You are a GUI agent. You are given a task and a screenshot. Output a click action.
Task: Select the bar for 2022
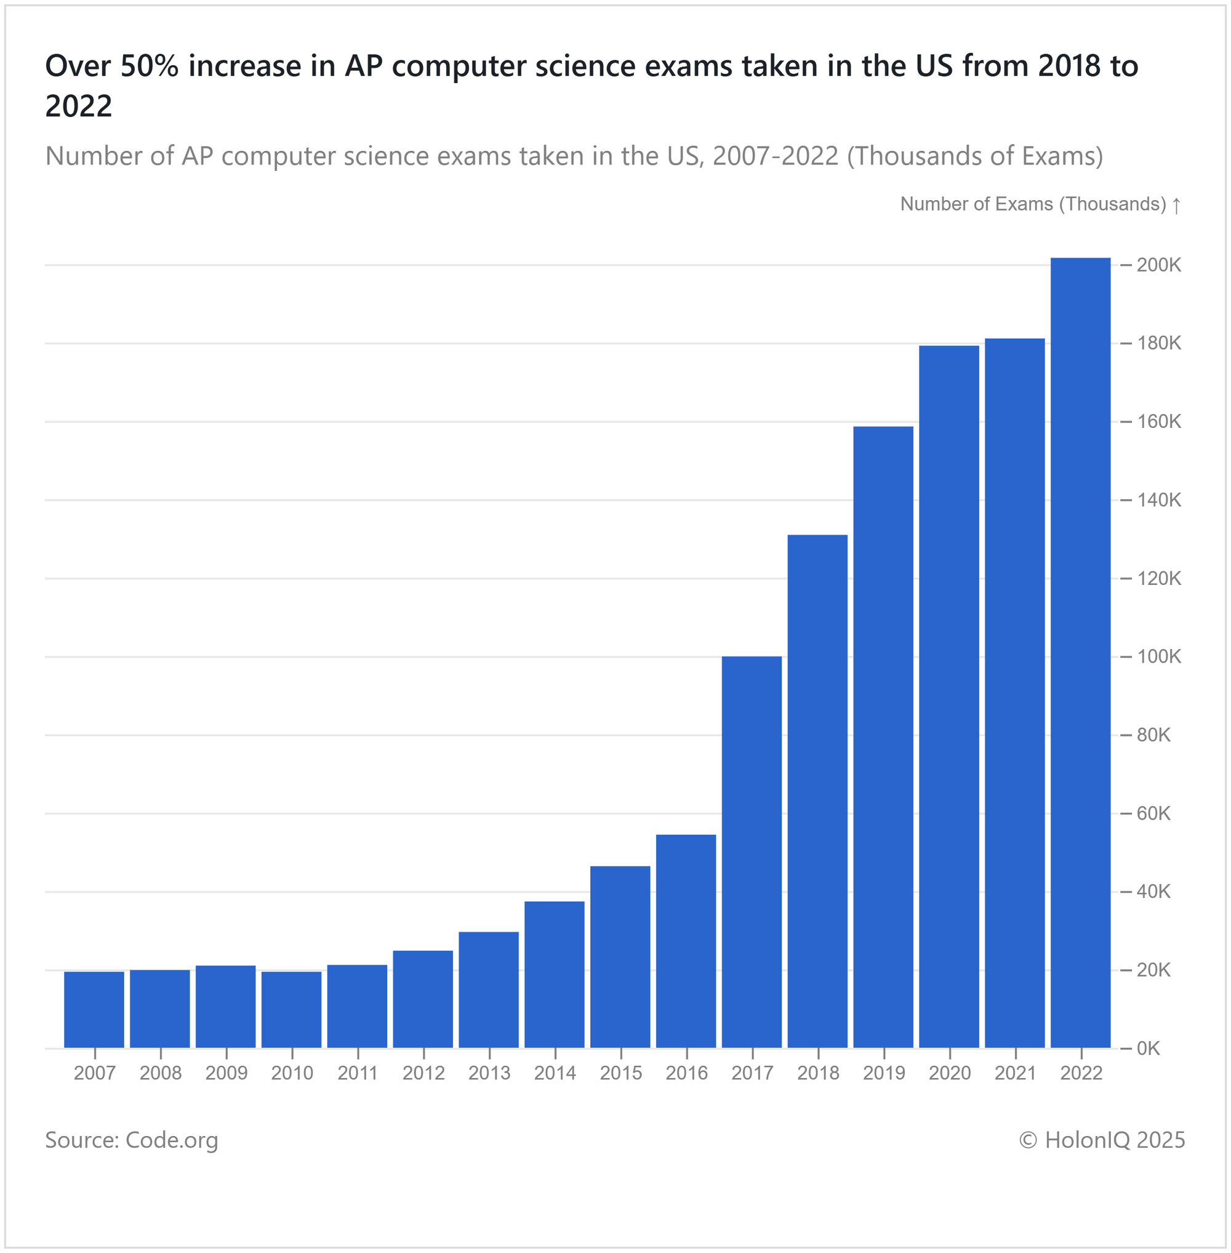click(1080, 653)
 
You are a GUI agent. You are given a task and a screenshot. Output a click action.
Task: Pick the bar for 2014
click(554, 974)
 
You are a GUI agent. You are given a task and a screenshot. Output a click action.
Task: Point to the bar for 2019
click(883, 737)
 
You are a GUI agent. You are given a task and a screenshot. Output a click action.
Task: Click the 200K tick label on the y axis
click(1158, 265)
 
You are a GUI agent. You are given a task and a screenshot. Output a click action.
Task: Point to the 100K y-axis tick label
click(1158, 657)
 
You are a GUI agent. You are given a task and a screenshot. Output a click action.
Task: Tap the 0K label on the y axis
click(1153, 1049)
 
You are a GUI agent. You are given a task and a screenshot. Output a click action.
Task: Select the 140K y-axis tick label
click(1158, 500)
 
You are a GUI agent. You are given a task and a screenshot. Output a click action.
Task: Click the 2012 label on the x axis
click(423, 1073)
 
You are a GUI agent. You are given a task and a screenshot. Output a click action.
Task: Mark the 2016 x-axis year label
click(687, 1073)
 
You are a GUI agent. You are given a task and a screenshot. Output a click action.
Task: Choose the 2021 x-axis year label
click(1015, 1073)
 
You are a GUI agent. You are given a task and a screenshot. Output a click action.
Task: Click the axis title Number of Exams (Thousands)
click(1033, 204)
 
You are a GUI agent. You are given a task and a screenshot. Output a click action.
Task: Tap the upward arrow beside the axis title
click(1177, 206)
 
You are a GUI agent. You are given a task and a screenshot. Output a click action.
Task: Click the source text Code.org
click(171, 1140)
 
